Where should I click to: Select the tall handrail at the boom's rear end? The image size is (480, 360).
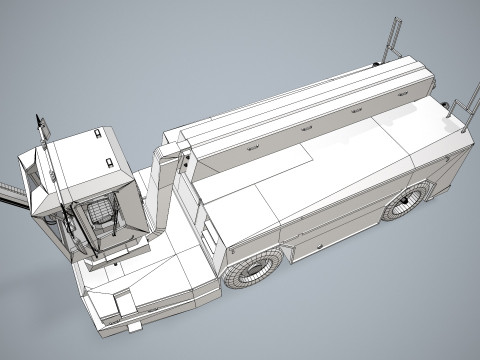coord(390,40)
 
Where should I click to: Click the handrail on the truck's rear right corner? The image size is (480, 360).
coord(461,110)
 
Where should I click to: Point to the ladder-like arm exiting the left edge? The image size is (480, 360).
coord(10,195)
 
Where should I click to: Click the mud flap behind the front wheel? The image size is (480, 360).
coord(290,258)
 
